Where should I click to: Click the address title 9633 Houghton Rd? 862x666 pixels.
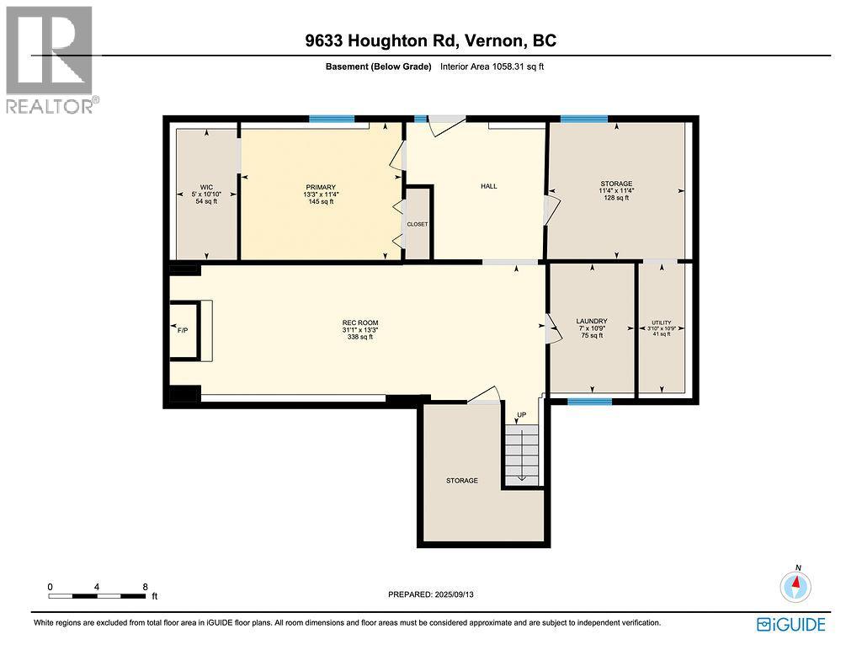point(382,40)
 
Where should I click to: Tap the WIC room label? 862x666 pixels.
point(207,188)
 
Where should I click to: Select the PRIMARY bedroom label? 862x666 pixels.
point(321,188)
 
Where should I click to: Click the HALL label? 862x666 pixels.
point(489,186)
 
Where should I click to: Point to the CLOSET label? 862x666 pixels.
point(418,224)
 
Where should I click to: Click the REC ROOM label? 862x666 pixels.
point(360,322)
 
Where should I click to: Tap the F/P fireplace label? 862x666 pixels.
point(183,331)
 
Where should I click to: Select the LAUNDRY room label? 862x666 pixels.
point(592,321)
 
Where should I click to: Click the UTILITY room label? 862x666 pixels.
point(662,322)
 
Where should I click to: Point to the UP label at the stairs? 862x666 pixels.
point(521,414)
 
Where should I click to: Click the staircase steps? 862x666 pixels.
point(522,455)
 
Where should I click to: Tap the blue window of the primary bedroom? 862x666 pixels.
point(332,119)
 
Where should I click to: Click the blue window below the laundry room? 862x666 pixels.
point(589,402)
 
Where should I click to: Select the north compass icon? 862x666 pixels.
point(795,586)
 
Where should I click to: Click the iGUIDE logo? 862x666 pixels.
point(791,625)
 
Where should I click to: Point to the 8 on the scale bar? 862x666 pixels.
point(145,587)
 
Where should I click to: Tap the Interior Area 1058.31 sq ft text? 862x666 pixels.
point(492,67)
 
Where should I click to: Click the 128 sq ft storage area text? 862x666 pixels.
point(616,198)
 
